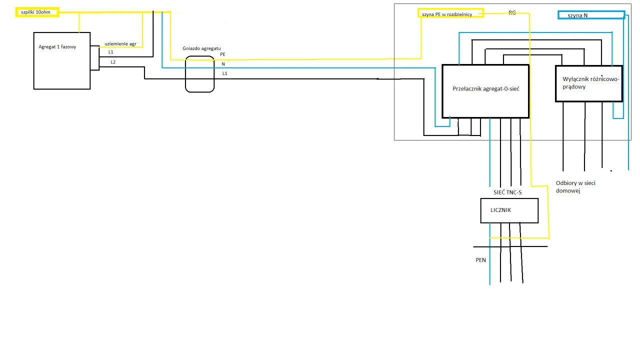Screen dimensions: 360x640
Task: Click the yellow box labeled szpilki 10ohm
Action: (37, 12)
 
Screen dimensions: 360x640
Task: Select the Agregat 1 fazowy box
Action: (61, 60)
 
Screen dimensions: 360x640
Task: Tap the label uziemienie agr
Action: (120, 44)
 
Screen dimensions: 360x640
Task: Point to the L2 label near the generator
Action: (113, 62)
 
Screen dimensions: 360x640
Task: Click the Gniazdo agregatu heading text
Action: (201, 48)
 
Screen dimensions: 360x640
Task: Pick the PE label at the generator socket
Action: (222, 54)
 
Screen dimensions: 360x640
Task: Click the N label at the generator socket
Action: (223, 64)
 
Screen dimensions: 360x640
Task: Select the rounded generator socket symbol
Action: (199, 74)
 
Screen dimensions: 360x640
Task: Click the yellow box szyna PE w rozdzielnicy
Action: (450, 13)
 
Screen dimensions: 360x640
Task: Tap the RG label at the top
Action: (512, 12)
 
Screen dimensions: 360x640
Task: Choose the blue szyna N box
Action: (590, 15)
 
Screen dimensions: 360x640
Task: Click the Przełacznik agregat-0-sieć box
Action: (485, 91)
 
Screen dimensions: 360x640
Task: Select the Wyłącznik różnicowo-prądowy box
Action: (588, 83)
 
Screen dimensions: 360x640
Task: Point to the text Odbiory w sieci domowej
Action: (575, 187)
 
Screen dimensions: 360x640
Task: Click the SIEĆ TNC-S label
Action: (507, 192)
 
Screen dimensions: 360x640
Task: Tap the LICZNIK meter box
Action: (509, 210)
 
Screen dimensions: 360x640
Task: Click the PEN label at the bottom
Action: (480, 260)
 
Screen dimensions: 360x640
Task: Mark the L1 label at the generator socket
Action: (225, 73)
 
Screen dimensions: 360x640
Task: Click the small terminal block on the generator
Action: (94, 57)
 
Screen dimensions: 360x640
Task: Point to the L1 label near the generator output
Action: (110, 52)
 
